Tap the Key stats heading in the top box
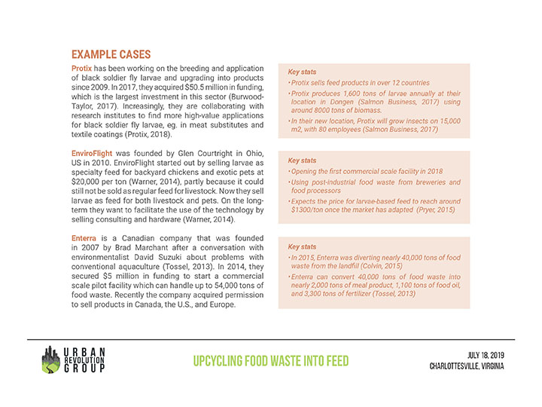[x=301, y=72]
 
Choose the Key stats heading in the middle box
[x=301, y=161]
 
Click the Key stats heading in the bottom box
[x=301, y=247]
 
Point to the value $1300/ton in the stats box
[x=311, y=211]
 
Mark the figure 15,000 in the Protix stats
[x=443, y=120]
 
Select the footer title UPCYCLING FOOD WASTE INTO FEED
[x=270, y=362]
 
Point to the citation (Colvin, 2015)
[x=379, y=266]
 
